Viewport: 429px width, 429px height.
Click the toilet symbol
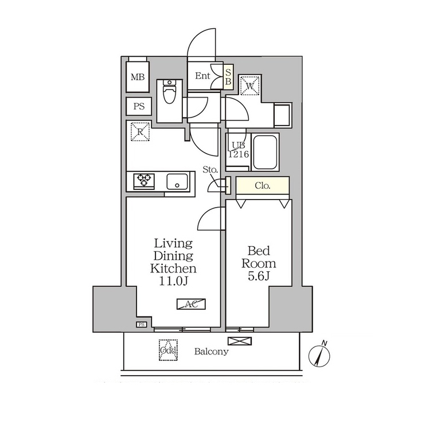click(170, 92)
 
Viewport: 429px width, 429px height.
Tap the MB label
click(138, 77)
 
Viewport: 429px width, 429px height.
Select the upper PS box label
click(139, 106)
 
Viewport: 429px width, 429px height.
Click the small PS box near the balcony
click(142, 325)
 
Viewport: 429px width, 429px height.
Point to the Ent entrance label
click(202, 76)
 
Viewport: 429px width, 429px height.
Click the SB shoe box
click(228, 77)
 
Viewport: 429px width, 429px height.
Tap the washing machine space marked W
click(250, 85)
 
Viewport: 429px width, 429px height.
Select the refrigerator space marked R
click(140, 131)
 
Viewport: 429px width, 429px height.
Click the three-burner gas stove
click(144, 181)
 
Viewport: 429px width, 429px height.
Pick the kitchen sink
click(177, 181)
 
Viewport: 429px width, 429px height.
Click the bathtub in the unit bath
click(264, 152)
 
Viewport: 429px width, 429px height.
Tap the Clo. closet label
click(263, 186)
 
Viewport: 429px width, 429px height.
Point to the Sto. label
click(210, 170)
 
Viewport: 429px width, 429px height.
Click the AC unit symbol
click(191, 304)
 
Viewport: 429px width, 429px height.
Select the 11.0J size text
click(173, 281)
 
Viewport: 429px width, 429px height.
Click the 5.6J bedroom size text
click(259, 276)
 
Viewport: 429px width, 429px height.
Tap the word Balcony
click(211, 352)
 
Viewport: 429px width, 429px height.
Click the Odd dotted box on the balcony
click(168, 350)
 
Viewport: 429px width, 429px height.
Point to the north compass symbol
click(319, 355)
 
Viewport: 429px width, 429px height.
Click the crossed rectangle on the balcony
click(240, 341)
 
